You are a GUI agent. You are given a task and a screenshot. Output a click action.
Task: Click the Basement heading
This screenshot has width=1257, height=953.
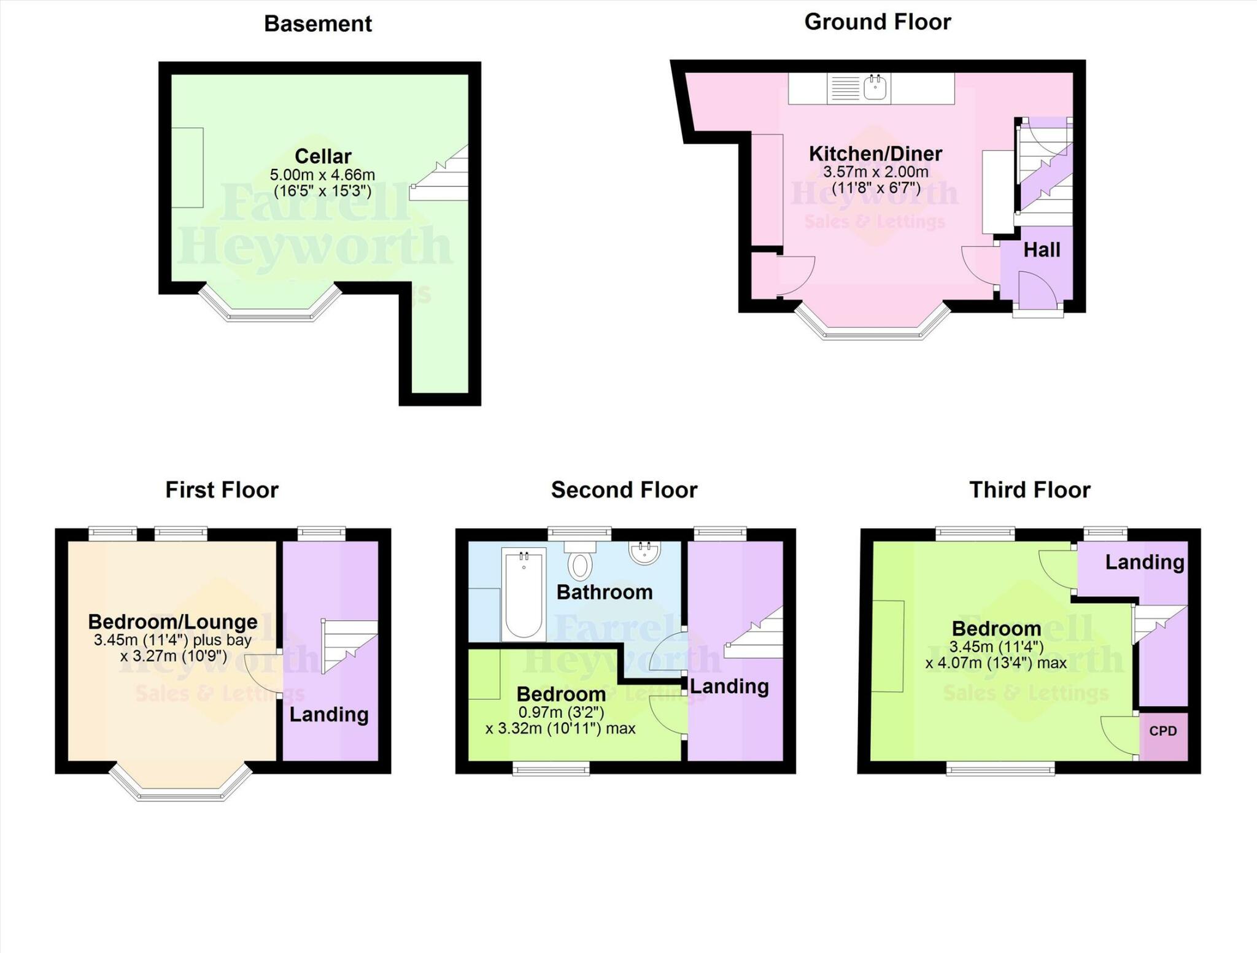(317, 24)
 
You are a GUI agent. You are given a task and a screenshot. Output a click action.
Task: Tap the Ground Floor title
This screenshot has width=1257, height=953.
(877, 22)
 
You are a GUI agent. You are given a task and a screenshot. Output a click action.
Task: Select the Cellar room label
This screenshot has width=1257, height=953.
(323, 156)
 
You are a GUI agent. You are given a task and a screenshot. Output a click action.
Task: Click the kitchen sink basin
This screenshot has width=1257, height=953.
(875, 88)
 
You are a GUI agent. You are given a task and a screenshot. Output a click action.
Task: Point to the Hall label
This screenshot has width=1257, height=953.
(1042, 250)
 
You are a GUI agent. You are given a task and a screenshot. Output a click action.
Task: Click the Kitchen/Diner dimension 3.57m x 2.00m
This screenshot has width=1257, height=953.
(875, 172)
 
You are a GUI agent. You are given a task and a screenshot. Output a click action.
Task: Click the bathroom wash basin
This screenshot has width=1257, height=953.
(644, 552)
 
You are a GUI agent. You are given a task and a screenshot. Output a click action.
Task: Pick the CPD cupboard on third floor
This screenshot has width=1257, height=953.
(1163, 731)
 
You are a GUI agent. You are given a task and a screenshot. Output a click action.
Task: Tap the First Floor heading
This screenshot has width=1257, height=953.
(222, 490)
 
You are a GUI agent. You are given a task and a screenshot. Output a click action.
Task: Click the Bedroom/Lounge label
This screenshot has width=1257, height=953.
(172, 621)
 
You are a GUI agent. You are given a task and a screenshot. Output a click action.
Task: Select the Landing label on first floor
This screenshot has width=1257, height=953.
(329, 714)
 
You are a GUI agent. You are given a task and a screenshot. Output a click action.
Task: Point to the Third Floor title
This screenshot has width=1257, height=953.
(1029, 490)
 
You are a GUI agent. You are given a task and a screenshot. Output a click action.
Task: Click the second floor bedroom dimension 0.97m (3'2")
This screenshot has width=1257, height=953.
(561, 712)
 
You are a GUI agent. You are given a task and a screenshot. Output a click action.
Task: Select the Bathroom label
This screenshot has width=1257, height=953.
(604, 592)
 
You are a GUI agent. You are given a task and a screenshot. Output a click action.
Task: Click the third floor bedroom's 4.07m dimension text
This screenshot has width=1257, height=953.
(996, 663)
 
